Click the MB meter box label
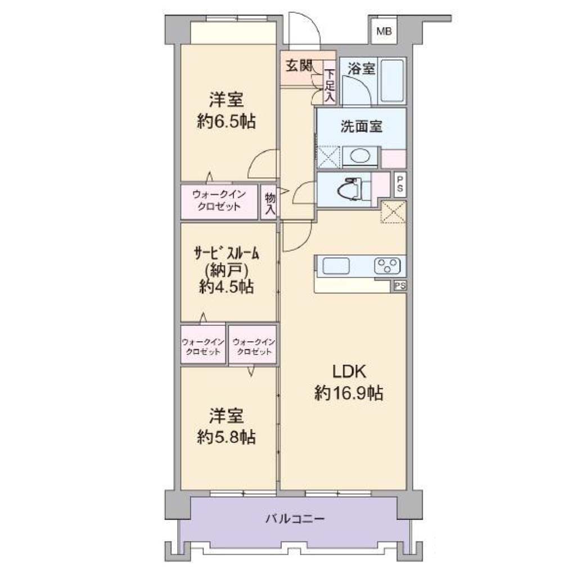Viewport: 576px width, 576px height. (384, 31)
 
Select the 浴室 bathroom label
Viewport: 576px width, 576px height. (361, 68)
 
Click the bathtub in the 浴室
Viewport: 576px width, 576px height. (392, 80)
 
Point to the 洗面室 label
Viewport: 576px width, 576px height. (361, 127)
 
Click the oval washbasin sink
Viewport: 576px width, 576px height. (360, 156)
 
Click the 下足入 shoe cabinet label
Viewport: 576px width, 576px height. (330, 86)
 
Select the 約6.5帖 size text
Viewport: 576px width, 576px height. (226, 121)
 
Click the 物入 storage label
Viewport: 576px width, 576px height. (270, 204)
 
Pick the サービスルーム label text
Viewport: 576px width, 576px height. (227, 253)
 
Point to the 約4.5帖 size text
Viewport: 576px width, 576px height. (226, 286)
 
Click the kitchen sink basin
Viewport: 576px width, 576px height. (336, 266)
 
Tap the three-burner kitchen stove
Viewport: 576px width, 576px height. (387, 266)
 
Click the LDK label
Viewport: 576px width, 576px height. (349, 372)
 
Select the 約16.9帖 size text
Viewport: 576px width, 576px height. (349, 393)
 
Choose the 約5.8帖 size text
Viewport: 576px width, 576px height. (226, 437)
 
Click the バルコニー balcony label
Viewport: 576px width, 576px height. (295, 519)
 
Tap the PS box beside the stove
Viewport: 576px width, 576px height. (400, 285)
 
